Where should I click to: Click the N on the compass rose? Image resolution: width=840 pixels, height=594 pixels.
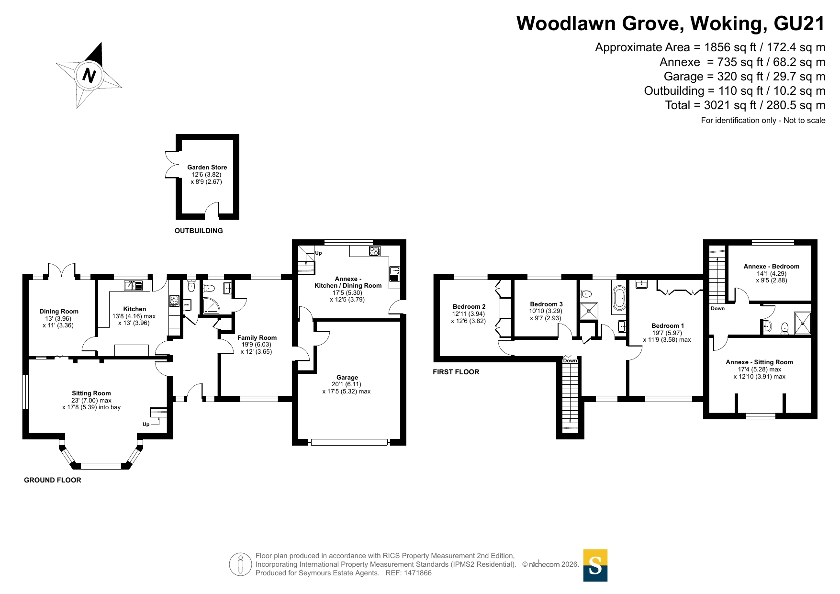pos(90,75)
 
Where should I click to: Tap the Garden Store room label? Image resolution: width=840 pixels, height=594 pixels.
pos(207,167)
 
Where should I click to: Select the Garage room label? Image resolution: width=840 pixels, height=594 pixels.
pos(347,377)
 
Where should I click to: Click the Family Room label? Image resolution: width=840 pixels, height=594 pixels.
pos(257,337)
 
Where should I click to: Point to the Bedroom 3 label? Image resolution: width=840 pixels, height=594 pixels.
pos(546,304)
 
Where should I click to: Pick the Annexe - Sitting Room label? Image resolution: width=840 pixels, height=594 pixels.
pos(759,362)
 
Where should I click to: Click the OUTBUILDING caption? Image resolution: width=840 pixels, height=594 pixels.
pos(199,231)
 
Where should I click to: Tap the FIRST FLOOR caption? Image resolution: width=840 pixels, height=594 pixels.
pos(456,372)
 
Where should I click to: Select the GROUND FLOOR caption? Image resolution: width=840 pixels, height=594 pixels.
pos(53,480)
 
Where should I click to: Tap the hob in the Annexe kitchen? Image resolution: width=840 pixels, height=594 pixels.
pos(374,251)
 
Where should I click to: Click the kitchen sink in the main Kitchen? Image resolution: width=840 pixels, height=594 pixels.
pos(134,286)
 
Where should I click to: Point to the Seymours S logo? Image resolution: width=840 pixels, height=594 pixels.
pos(595,565)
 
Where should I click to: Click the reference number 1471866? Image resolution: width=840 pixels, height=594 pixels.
pos(418,573)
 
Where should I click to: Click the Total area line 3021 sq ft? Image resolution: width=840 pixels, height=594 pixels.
pos(745,105)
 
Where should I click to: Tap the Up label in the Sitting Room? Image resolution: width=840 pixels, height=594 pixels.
pos(146,425)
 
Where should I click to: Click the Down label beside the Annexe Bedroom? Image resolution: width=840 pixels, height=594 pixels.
pos(717,309)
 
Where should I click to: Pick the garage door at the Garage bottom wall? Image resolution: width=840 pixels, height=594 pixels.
pos(349,442)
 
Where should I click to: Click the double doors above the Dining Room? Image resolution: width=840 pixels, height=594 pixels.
pos(62,270)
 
